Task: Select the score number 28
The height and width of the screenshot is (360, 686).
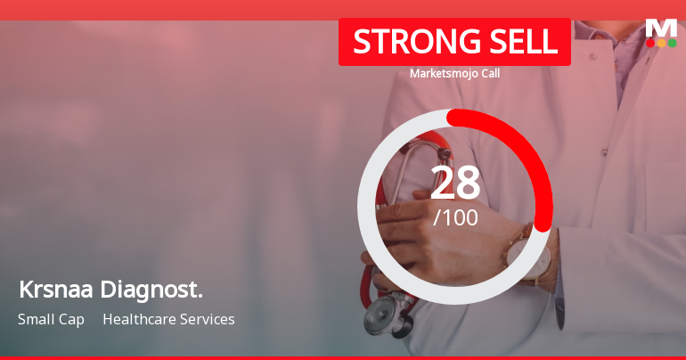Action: point(454,183)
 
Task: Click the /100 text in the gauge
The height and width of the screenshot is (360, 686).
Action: point(455,217)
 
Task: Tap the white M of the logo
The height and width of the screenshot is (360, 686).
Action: point(660,28)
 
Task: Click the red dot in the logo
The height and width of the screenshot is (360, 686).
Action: point(650,43)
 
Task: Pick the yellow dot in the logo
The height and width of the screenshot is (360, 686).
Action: point(661,43)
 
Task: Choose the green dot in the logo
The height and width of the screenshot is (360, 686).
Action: point(672,43)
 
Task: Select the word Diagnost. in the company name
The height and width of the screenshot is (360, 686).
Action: point(151,290)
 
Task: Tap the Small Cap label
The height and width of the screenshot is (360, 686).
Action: point(51,319)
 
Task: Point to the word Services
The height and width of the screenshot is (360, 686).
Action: point(208,319)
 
